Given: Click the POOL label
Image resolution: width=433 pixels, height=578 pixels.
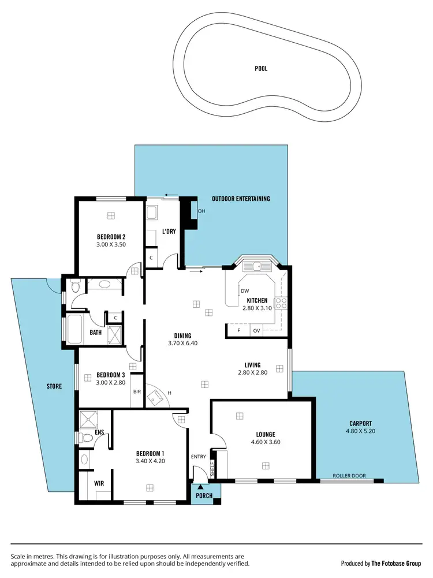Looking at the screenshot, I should coord(261,69).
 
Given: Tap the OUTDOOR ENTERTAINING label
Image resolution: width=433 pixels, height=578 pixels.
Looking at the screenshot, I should coord(241,199).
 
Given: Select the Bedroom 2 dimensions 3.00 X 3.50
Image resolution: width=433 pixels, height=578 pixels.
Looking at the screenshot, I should coord(111,244).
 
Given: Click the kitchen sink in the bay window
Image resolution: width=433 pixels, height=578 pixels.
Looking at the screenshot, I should coord(257,266).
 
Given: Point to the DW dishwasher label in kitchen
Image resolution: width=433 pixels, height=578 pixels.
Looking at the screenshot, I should coord(245,290).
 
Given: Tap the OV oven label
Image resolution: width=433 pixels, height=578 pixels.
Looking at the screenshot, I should coord(256,330).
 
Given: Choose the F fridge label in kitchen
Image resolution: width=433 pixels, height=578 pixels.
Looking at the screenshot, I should coord(239,330).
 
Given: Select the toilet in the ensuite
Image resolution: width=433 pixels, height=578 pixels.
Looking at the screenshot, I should coord(87,438).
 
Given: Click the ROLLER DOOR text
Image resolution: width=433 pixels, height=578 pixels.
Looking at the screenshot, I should coord(349,476).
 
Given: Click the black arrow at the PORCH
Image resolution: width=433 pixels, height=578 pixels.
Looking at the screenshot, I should coord(201,488).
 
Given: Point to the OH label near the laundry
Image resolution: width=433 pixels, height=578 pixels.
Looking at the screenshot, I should coord(201,211).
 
